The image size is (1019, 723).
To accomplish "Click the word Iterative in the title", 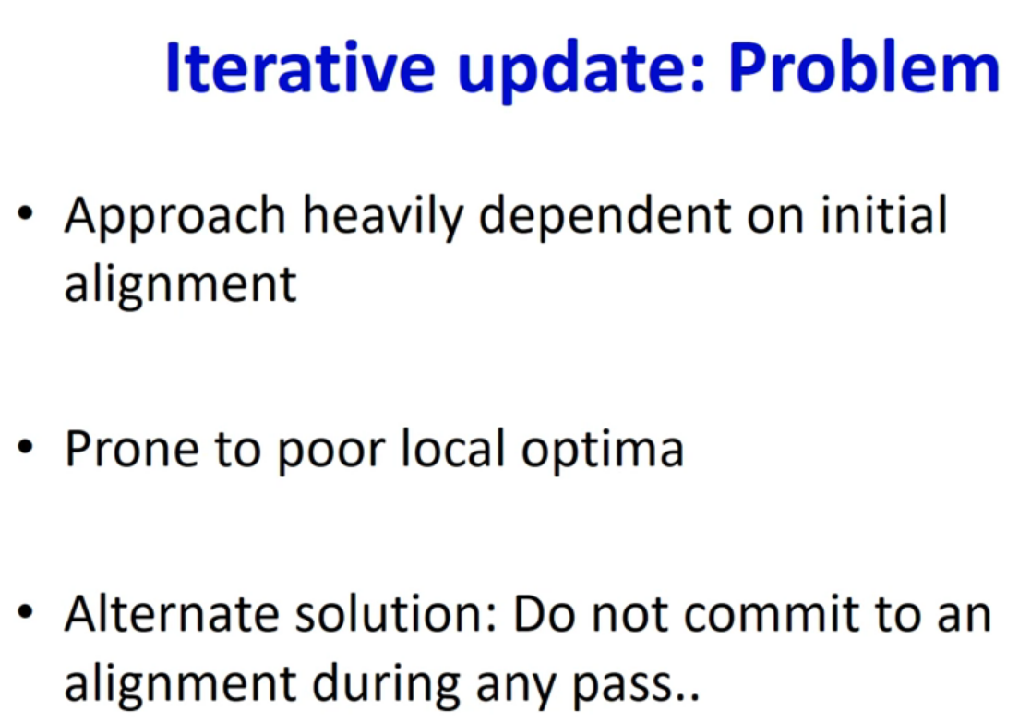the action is [x=300, y=67].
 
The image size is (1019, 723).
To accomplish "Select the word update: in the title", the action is [x=581, y=71].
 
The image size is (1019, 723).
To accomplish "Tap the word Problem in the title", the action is [x=864, y=67].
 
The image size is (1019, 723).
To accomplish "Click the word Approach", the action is [x=174, y=218].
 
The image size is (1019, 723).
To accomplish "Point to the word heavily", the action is [x=383, y=217].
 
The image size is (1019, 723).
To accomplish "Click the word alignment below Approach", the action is [x=181, y=285].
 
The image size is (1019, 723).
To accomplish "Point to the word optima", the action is [x=603, y=452].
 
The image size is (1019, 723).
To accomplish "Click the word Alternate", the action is [x=171, y=613].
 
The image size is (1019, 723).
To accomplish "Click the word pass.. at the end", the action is [x=636, y=688].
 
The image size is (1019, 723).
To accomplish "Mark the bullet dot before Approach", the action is [x=25, y=212].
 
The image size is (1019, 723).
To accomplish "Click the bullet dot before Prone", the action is [x=25, y=447].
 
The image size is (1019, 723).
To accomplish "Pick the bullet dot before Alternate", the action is [x=25, y=612].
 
